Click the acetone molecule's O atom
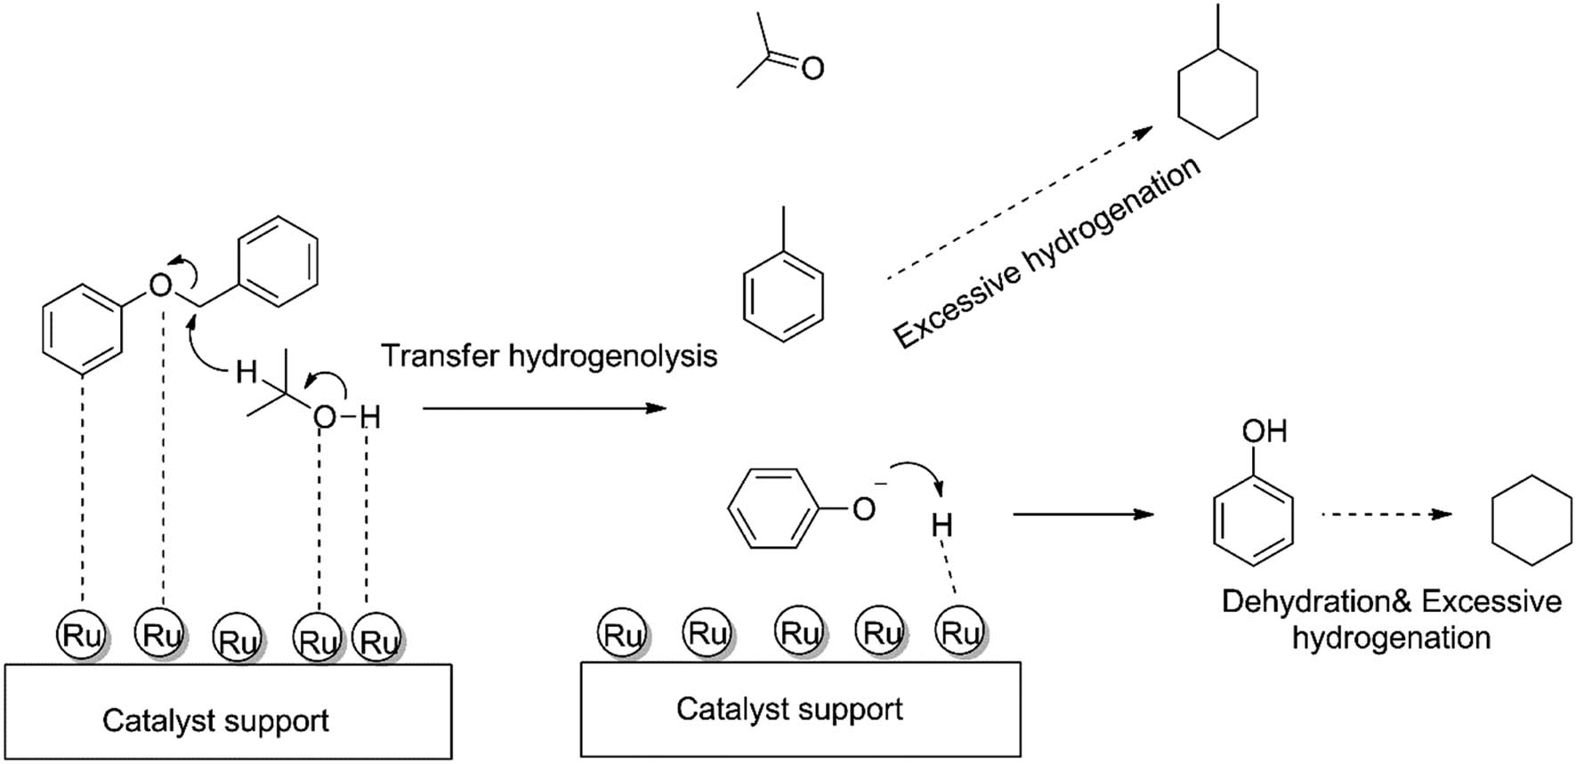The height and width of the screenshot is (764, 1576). pyautogui.click(x=812, y=68)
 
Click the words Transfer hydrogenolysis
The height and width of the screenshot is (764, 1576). pyautogui.click(x=549, y=356)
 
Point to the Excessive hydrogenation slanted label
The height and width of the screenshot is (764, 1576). pyautogui.click(x=1047, y=253)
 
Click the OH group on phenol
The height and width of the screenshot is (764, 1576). pyautogui.click(x=1264, y=431)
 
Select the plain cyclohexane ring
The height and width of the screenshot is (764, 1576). pyautogui.click(x=1531, y=519)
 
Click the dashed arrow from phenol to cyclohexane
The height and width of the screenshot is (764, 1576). pyautogui.click(x=1386, y=514)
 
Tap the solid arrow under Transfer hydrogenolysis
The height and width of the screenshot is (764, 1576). pyautogui.click(x=544, y=408)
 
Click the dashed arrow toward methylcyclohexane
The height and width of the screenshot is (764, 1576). pyautogui.click(x=1019, y=205)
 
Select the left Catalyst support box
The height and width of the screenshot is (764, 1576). pyautogui.click(x=228, y=712)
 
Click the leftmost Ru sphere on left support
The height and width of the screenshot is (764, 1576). pyautogui.click(x=81, y=635)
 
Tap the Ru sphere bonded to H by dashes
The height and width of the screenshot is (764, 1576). pyautogui.click(x=960, y=632)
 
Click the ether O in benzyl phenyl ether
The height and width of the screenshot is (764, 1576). pyautogui.click(x=160, y=285)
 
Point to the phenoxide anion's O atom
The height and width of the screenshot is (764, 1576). pyautogui.click(x=863, y=509)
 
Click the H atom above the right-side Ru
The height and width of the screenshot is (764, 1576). pyautogui.click(x=942, y=526)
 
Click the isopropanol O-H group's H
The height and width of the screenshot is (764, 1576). pyautogui.click(x=371, y=416)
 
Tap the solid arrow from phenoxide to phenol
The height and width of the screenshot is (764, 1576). pyautogui.click(x=1083, y=514)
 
